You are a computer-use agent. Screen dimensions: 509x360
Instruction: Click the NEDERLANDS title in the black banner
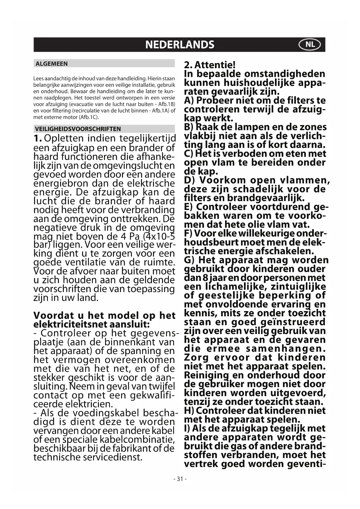180,45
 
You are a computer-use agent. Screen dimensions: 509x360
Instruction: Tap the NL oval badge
310,45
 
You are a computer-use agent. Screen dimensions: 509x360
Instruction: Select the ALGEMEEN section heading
51,64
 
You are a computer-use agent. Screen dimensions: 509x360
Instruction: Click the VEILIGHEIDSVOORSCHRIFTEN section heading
78,129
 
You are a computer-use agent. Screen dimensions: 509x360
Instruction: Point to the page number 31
180,479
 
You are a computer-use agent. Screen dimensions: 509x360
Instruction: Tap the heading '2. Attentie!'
210,65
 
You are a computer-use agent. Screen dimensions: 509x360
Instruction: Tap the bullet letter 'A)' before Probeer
190,100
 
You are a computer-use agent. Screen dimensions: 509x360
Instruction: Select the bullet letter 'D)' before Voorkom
190,180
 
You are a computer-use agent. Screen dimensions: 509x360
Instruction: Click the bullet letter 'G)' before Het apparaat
190,260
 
